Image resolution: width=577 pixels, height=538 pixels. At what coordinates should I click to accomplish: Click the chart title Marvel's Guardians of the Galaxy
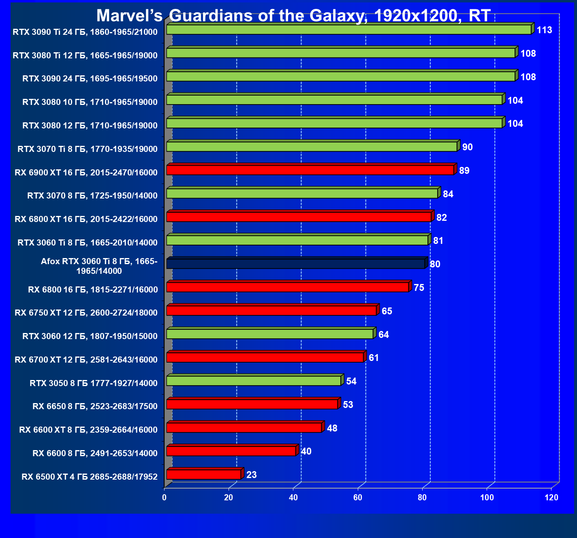click(293, 16)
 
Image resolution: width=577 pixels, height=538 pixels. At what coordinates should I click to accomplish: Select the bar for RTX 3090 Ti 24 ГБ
click(348, 30)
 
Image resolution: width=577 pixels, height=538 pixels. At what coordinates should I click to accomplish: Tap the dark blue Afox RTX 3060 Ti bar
click(296, 264)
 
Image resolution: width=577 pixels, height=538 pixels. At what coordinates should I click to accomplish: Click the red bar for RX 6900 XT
click(310, 171)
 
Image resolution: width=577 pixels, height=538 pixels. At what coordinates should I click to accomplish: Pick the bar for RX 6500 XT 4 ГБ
click(203, 475)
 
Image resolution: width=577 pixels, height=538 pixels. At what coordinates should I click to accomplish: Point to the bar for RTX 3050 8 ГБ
click(254, 381)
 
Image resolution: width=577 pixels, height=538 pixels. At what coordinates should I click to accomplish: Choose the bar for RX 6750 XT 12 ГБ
click(271, 311)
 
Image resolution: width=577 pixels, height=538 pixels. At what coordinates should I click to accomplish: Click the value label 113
click(544, 30)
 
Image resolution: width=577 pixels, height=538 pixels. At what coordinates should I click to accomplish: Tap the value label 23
click(251, 475)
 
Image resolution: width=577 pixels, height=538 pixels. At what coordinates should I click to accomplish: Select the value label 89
click(464, 171)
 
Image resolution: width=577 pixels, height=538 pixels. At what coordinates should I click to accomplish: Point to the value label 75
click(419, 288)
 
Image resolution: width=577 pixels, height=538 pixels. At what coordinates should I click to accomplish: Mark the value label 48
click(332, 428)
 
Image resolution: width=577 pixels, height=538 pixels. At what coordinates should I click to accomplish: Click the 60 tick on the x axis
click(358, 497)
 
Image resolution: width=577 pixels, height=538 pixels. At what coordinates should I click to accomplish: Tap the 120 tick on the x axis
click(551, 497)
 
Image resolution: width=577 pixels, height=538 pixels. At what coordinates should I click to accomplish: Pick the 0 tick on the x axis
click(164, 497)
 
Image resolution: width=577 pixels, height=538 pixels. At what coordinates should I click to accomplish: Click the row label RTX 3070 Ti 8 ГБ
click(88, 149)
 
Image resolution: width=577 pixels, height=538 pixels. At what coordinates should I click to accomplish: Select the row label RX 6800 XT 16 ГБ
click(86, 219)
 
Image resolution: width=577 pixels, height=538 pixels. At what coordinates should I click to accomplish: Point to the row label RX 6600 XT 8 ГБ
click(88, 430)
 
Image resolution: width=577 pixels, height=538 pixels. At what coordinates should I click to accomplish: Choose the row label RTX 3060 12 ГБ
click(90, 336)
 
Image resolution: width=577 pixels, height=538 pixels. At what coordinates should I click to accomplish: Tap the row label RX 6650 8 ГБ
click(95, 406)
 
